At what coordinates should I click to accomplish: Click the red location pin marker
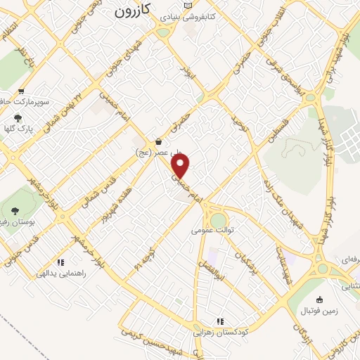tap(181, 166)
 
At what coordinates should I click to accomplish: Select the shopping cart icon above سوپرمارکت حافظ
tap(22, 91)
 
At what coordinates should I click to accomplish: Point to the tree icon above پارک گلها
tap(18, 118)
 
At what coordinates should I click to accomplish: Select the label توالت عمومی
tap(212, 230)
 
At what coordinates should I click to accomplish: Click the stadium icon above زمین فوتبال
tap(319, 300)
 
